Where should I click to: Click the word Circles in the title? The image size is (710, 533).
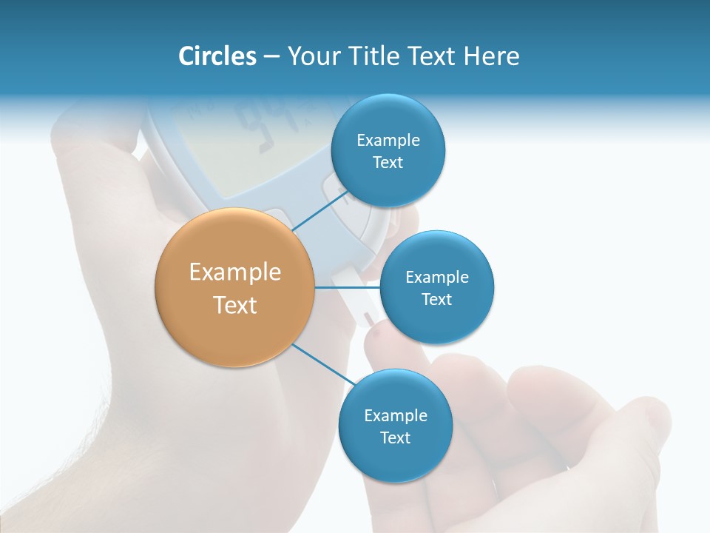[217, 56]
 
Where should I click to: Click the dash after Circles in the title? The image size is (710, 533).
[271, 57]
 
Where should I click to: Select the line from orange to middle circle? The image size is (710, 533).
[347, 287]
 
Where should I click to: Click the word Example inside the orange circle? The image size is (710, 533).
[235, 272]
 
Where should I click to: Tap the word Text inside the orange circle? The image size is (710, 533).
[235, 305]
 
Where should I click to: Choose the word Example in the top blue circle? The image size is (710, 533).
[388, 141]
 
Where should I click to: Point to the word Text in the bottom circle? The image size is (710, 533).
[395, 438]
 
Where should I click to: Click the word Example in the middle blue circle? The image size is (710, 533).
[436, 278]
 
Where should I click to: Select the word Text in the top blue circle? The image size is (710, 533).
[388, 163]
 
